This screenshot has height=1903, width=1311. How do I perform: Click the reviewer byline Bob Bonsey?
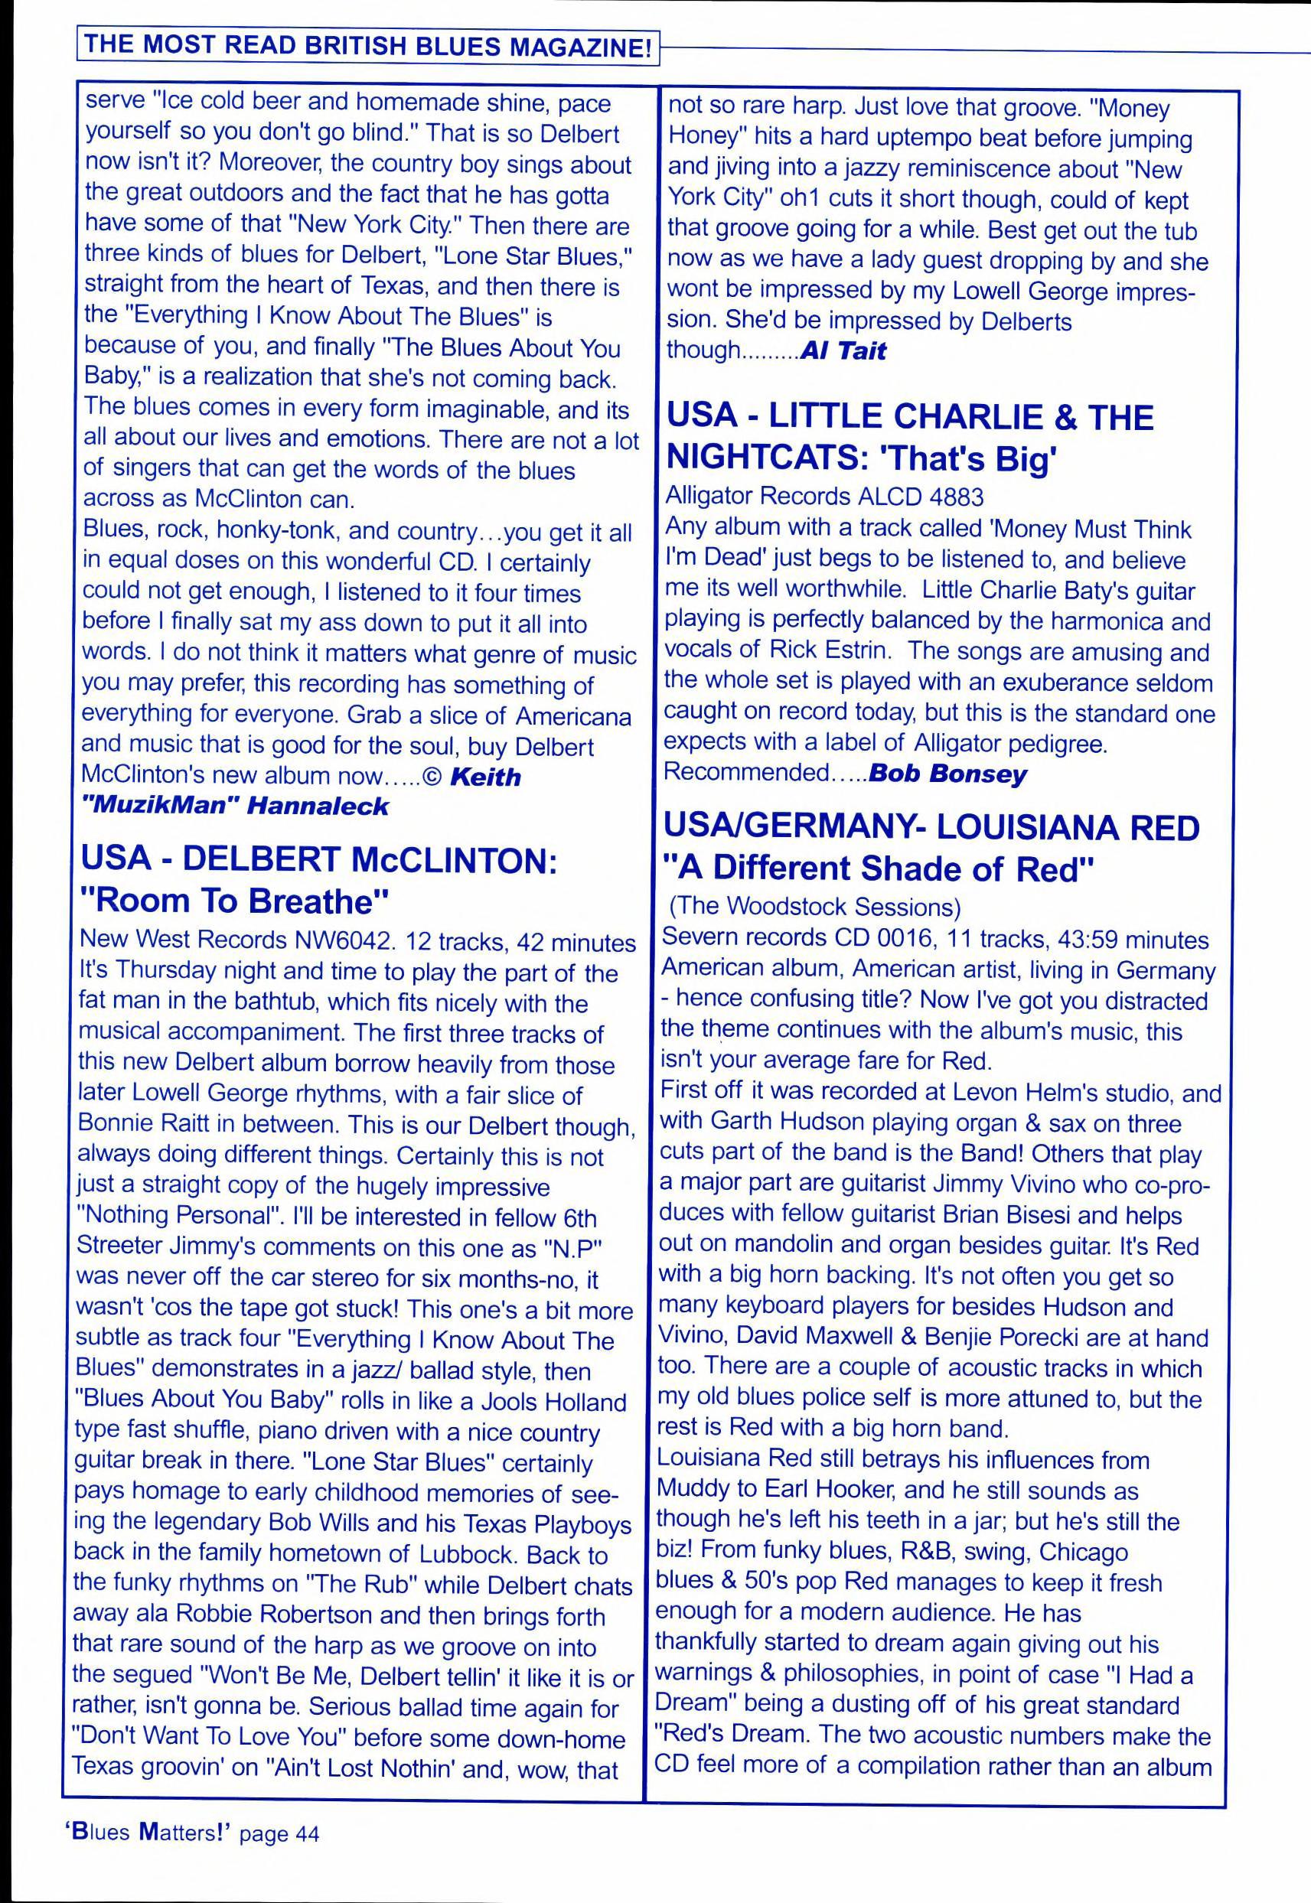pyautogui.click(x=947, y=774)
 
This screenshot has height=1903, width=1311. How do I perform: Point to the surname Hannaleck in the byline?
pyautogui.click(x=318, y=806)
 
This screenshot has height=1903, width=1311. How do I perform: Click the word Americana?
pyautogui.click(x=573, y=716)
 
